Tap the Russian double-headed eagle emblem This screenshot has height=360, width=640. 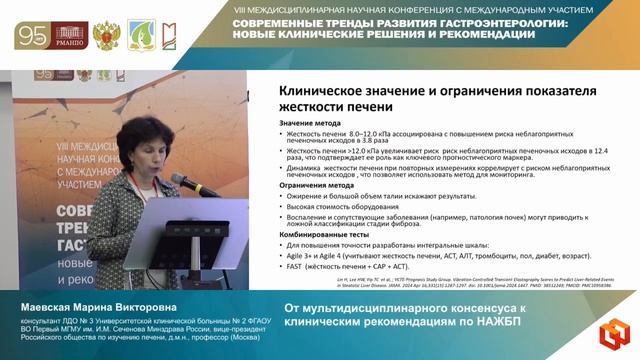106,35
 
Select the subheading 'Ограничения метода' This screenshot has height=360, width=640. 316,185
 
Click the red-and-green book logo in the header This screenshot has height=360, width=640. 168,35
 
